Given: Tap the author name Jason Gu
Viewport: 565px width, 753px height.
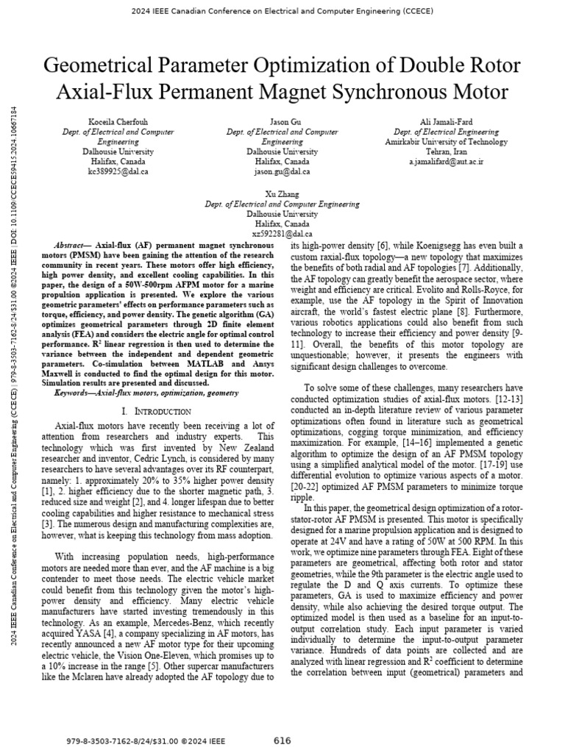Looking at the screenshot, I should pos(282,122).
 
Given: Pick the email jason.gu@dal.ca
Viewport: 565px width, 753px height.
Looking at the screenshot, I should pos(282,171).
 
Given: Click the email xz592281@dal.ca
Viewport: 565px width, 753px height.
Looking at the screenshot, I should pos(282,233).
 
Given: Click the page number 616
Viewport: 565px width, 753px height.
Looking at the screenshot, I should pos(282,740).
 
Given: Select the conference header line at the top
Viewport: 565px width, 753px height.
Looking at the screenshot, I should pos(282,11).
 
